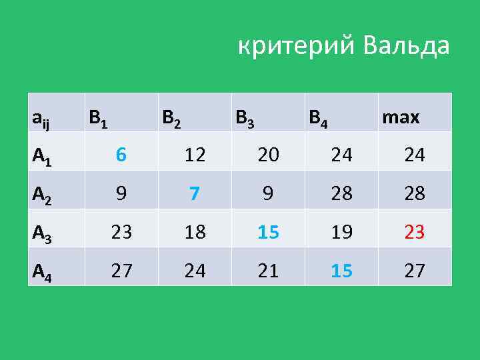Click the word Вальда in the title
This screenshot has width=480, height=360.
pyautogui.click(x=407, y=47)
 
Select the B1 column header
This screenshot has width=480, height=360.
pyautogui.click(x=99, y=119)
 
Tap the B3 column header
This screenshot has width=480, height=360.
pyautogui.click(x=245, y=119)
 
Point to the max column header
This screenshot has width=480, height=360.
pyautogui.click(x=400, y=118)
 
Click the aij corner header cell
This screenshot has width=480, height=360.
pyautogui.click(x=40, y=119)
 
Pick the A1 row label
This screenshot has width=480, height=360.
pyautogui.click(x=41, y=156)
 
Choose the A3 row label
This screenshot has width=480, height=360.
pyautogui.click(x=41, y=233)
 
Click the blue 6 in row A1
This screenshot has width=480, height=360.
pyautogui.click(x=121, y=155)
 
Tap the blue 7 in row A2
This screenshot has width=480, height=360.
pyautogui.click(x=194, y=193)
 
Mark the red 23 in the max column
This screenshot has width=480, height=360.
pyautogui.click(x=415, y=232)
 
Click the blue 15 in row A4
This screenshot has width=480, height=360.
pyautogui.click(x=341, y=271)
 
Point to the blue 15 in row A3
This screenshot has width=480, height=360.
pyautogui.click(x=268, y=232)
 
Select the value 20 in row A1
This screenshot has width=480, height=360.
pyautogui.click(x=268, y=155)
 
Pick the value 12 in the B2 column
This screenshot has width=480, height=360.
pyautogui.click(x=194, y=155)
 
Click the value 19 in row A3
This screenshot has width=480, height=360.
pyautogui.click(x=341, y=232)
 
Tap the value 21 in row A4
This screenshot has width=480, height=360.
pyautogui.click(x=268, y=271)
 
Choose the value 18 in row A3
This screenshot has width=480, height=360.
pyautogui.click(x=194, y=232)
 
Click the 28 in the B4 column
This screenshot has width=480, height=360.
pyautogui.click(x=341, y=193)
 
